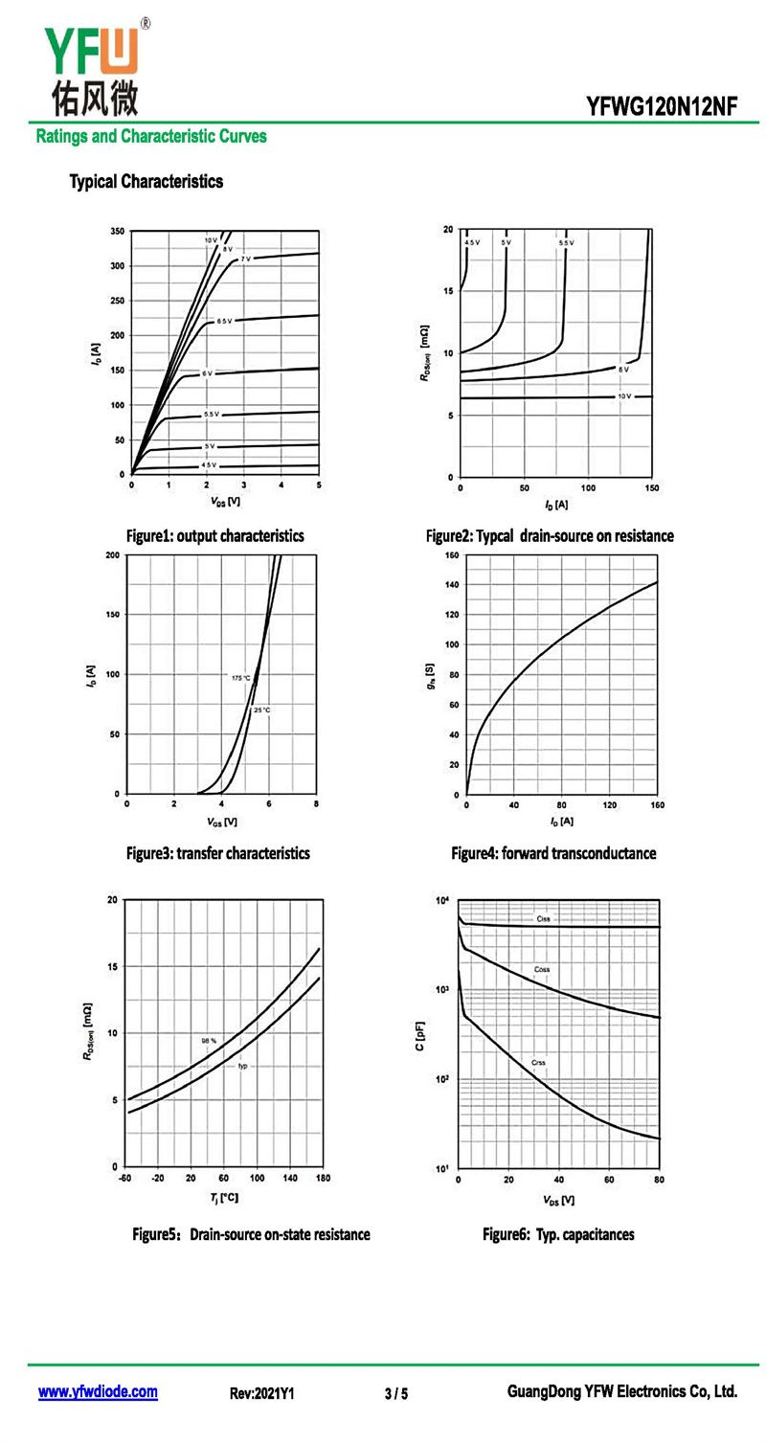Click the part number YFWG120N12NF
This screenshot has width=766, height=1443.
pyautogui.click(x=663, y=106)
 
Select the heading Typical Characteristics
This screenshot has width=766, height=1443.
pyautogui.click(x=146, y=181)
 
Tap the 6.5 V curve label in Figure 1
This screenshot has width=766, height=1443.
pyautogui.click(x=223, y=321)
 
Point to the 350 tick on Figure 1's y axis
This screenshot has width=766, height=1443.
pyautogui.click(x=117, y=232)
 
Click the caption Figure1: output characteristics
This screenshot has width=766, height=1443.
pyautogui.click(x=214, y=535)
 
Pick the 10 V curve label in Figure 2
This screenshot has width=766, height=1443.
pyautogui.click(x=624, y=395)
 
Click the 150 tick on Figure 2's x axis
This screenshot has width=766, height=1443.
pyautogui.click(x=652, y=488)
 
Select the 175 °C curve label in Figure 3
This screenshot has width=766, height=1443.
pyautogui.click(x=240, y=678)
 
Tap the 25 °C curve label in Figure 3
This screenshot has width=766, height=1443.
pyautogui.click(x=261, y=710)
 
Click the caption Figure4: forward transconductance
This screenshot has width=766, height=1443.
pyautogui.click(x=553, y=852)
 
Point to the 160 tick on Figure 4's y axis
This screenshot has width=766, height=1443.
pyautogui.click(x=453, y=555)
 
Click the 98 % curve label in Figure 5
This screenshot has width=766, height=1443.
pyautogui.click(x=209, y=1040)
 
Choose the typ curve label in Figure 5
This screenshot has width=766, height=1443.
pyautogui.click(x=243, y=1066)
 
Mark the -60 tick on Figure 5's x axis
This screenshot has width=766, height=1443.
pyautogui.click(x=124, y=1178)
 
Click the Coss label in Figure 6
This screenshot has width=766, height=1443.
pyautogui.click(x=542, y=969)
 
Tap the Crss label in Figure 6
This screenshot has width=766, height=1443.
pyautogui.click(x=539, y=1062)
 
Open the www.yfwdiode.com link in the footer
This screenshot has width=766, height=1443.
pyautogui.click(x=98, y=1392)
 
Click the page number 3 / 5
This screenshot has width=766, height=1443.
pyautogui.click(x=396, y=1393)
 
